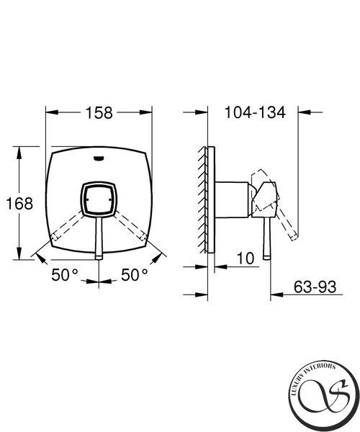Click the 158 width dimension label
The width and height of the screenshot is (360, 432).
pos(99,113)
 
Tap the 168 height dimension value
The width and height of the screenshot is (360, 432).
pos(19,204)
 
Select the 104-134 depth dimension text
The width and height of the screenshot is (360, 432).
pos(255,112)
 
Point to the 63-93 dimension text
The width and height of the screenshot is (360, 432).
pos(315,287)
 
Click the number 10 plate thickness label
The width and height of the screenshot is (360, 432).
pos(245,258)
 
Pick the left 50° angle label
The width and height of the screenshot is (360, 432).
pos(65,275)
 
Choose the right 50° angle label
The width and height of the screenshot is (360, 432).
pos(135,275)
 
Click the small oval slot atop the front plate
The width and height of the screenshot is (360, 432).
pos(99,158)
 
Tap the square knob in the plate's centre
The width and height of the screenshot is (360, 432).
pos(99,199)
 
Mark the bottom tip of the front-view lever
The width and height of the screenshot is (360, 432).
pos(99,259)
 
